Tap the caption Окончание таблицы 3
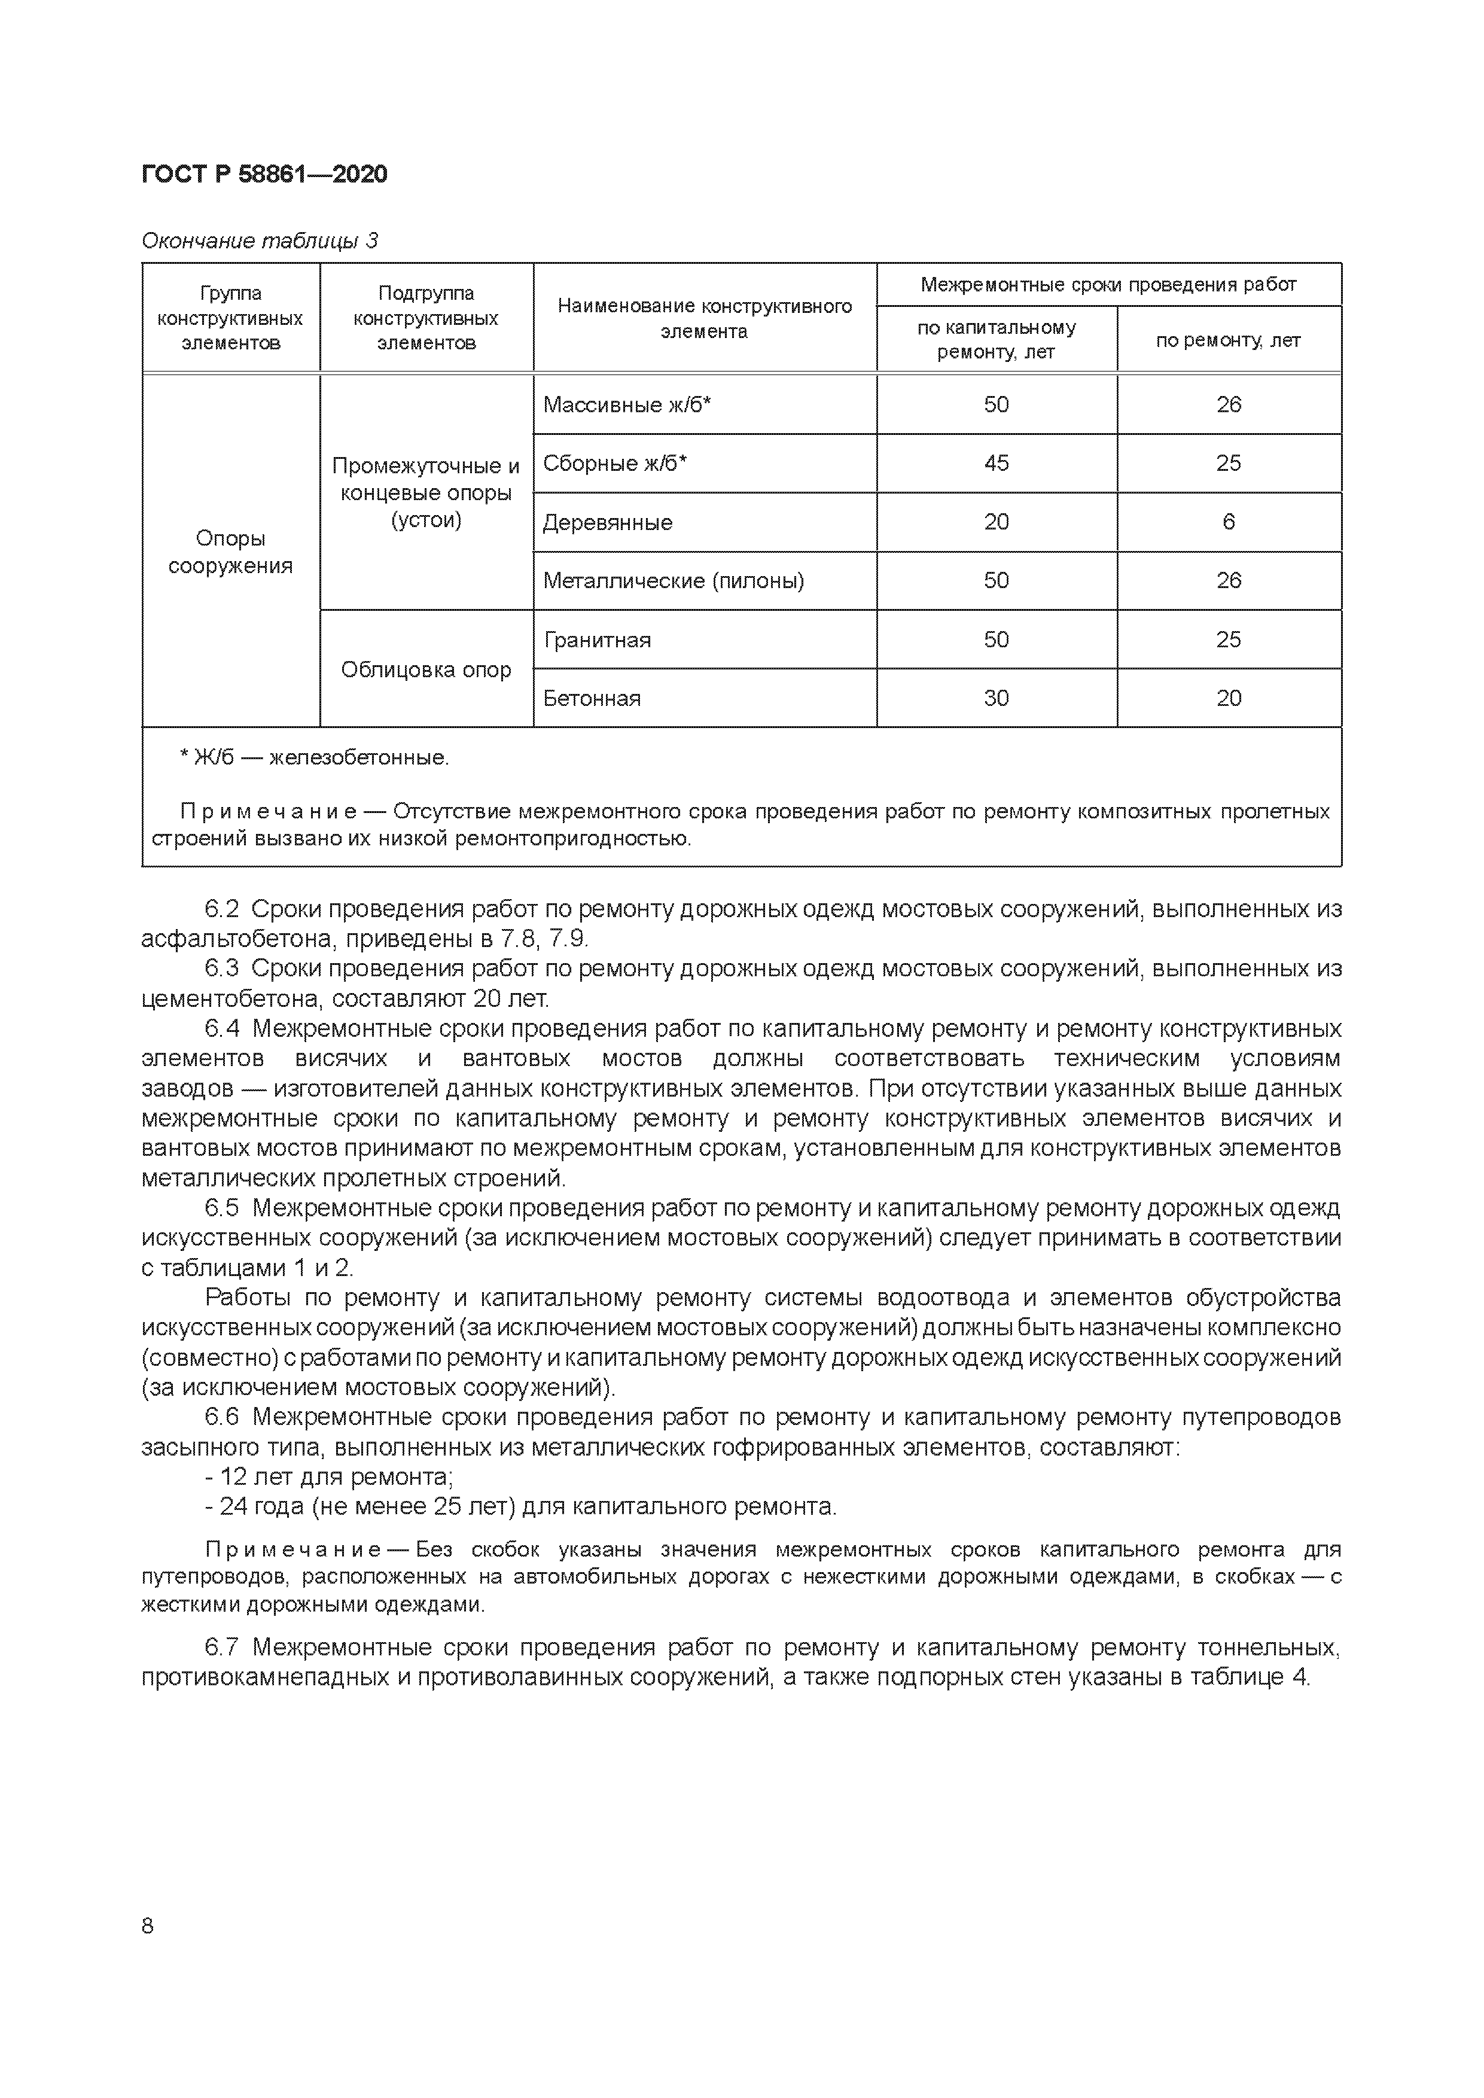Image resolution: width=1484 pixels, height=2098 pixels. pos(260,241)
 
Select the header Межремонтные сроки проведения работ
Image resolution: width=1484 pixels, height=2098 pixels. pos(1108,284)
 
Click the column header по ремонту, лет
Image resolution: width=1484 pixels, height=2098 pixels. pos(1227,341)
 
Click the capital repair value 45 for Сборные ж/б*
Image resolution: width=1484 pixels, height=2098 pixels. pos(996,463)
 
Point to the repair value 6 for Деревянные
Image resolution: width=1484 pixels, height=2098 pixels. pos(1228,522)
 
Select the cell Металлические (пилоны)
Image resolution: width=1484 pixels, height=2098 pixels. pos(674,581)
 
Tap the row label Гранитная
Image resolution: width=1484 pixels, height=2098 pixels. pos(597,640)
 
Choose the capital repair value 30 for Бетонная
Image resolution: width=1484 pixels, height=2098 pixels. pos(996,698)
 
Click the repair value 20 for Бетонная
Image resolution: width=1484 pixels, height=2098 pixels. pos(1228,698)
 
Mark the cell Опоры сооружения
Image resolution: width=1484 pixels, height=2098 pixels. pos(230,552)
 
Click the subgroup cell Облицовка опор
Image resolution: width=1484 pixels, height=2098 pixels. pos(426,670)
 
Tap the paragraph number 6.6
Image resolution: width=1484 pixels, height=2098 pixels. pos(221,1417)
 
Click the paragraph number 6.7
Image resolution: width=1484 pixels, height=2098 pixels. pos(221,1648)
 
